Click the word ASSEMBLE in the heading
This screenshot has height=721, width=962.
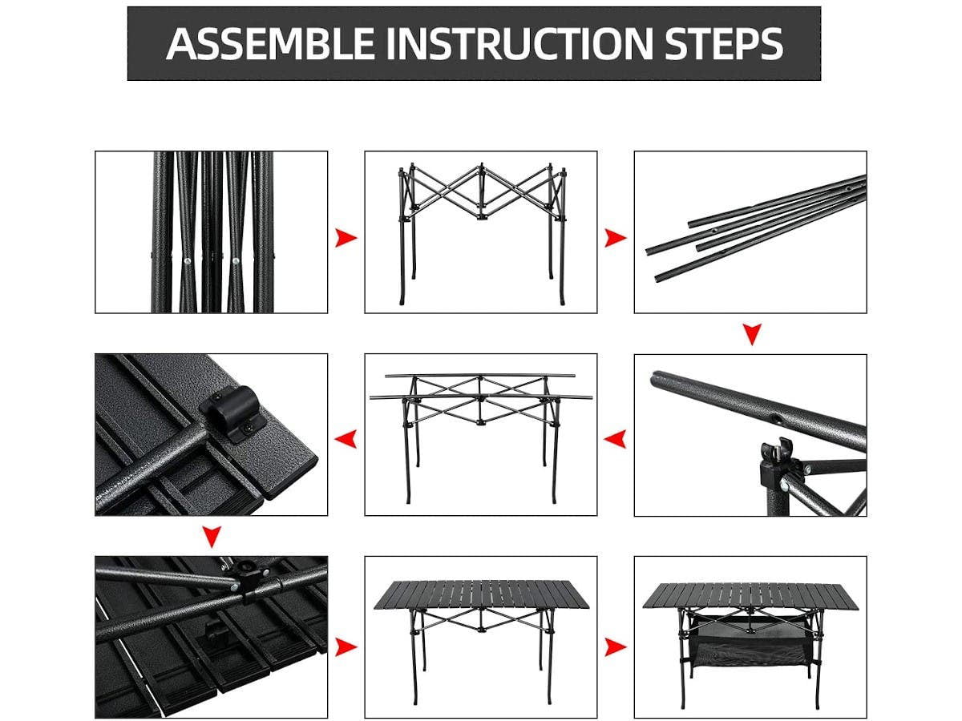click(269, 44)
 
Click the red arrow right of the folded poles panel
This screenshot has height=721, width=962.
click(346, 237)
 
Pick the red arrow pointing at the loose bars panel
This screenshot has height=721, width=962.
click(615, 237)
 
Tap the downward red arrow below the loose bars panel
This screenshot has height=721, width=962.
click(751, 333)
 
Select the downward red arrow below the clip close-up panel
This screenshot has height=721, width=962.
click(211, 535)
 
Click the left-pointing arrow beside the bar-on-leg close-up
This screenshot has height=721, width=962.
click(615, 438)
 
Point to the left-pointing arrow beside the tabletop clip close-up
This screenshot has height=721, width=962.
click(346, 438)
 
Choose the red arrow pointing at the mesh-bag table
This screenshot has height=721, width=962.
click(615, 646)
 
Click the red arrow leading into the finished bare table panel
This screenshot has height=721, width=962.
click(346, 646)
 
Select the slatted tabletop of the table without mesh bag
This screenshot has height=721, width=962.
click(480, 594)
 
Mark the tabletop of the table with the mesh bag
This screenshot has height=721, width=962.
click(750, 594)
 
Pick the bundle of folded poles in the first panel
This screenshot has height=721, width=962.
click(213, 232)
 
